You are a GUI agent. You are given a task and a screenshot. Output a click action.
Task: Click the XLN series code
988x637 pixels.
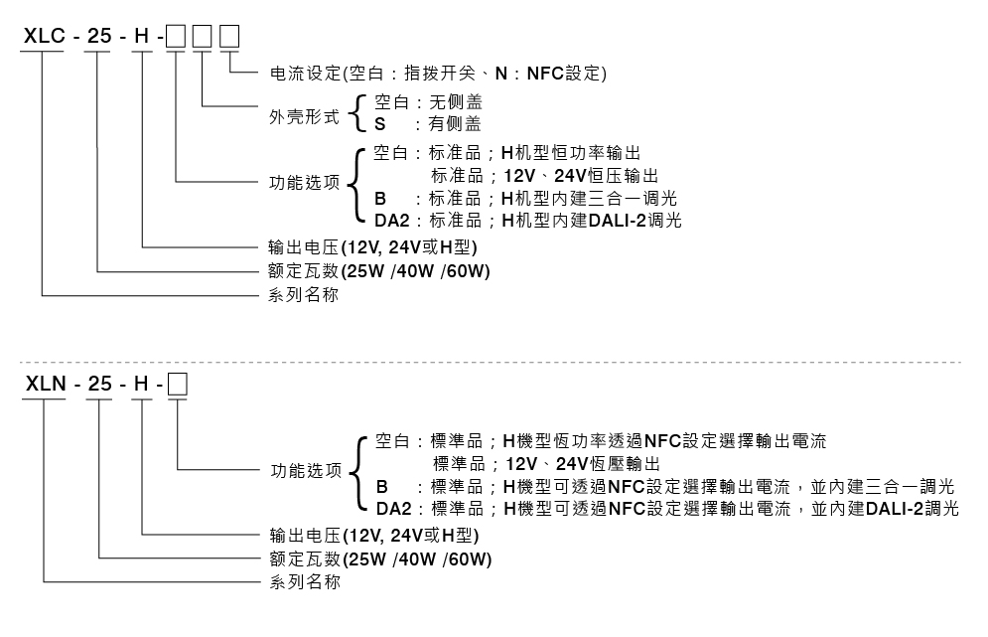(44, 383)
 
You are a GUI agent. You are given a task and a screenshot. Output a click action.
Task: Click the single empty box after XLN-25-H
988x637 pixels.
(178, 383)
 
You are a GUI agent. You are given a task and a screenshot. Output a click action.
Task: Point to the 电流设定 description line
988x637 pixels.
(438, 74)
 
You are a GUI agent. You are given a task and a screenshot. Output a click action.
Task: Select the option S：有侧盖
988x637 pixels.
(427, 124)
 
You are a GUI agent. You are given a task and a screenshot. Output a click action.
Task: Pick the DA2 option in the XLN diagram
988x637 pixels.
(393, 509)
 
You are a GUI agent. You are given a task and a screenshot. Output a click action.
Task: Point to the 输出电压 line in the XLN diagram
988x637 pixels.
(376, 535)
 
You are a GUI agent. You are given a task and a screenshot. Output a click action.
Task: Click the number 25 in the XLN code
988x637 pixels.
(99, 383)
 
